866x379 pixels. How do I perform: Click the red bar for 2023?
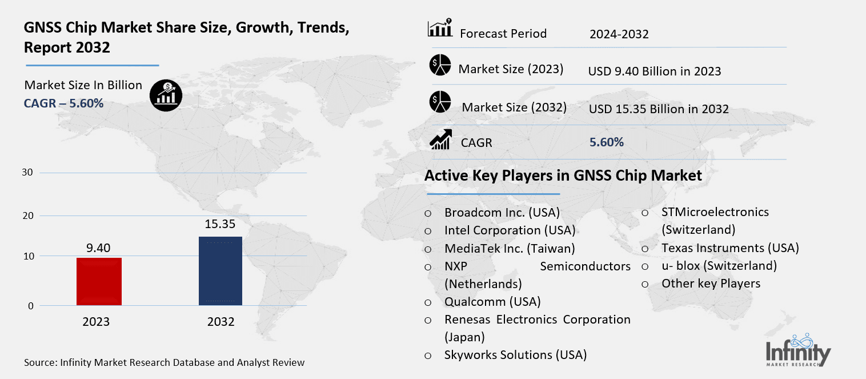[x=99, y=281]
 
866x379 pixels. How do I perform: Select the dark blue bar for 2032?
[x=220, y=271]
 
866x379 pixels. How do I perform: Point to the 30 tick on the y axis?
[x=28, y=173]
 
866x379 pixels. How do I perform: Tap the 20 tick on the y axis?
[x=28, y=216]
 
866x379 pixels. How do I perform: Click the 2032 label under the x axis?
[x=220, y=322]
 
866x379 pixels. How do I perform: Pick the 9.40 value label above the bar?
[x=98, y=248]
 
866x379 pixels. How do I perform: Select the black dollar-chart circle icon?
[x=166, y=95]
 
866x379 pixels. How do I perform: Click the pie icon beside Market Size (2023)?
[x=440, y=66]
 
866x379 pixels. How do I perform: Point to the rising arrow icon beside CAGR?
[x=440, y=139]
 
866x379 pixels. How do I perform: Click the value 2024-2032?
[x=619, y=34]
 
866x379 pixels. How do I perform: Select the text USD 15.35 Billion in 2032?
[x=658, y=109]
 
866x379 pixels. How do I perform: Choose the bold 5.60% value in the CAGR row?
[x=606, y=142]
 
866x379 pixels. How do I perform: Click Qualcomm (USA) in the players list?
[x=492, y=301]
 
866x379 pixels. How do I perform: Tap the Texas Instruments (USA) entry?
[x=729, y=248]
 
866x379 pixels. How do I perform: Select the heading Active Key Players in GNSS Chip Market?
[x=563, y=175]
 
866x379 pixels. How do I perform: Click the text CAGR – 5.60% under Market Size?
[x=63, y=103]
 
